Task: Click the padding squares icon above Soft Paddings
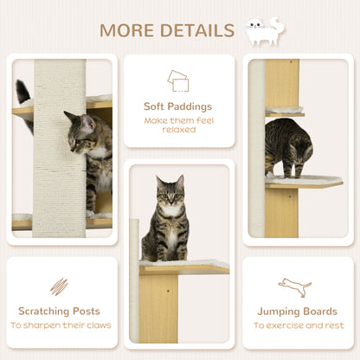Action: tap(178, 80)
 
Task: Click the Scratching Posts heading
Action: tap(59, 311)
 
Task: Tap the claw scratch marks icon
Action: tap(59, 286)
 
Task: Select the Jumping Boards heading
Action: tap(297, 311)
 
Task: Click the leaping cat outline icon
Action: tap(295, 287)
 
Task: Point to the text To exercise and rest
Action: tap(297, 326)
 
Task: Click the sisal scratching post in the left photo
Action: tap(60, 147)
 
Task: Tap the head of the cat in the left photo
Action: tap(81, 129)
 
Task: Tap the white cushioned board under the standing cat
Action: tap(304, 181)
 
